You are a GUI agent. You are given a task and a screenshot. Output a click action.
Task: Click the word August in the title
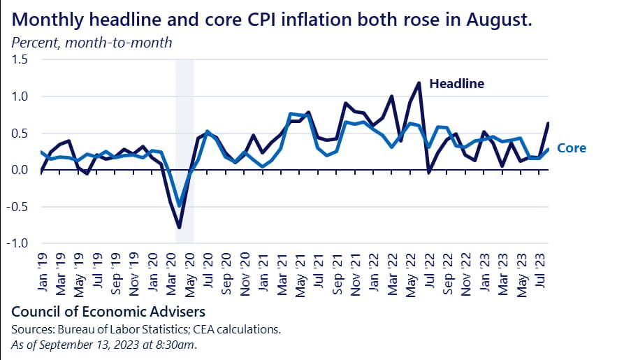pyautogui.click(x=500, y=20)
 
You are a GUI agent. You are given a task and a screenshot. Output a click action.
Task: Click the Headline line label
pyautogui.click(x=456, y=84)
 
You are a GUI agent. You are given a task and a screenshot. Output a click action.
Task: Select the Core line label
pyautogui.click(x=572, y=148)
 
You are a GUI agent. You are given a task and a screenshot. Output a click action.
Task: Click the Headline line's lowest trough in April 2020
pyautogui.click(x=180, y=228)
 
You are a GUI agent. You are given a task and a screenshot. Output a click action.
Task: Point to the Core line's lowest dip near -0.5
pyautogui.click(x=180, y=206)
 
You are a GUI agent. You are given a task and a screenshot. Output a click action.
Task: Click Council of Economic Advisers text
pyautogui.click(x=108, y=310)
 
